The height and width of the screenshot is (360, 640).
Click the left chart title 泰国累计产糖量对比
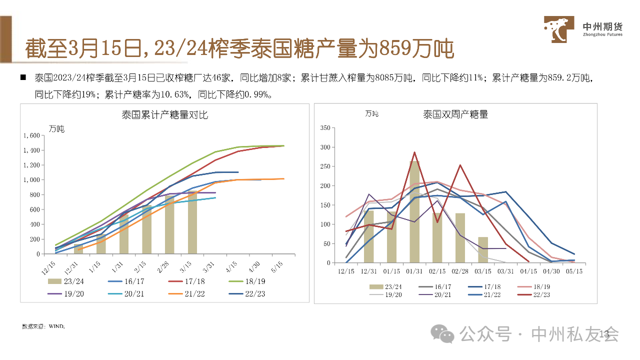tap(165, 115)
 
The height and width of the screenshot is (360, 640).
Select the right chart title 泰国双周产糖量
tap(455, 114)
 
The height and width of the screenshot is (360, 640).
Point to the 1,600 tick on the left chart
tap(31, 135)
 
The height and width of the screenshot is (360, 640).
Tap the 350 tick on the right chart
tap(324, 128)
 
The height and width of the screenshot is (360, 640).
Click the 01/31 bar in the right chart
tap(414, 211)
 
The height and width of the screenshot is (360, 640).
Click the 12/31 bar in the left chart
tap(78, 249)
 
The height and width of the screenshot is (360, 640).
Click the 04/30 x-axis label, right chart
tap(551, 271)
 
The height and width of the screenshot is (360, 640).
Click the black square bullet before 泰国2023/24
tap(23, 78)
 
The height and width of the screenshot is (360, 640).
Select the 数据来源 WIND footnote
tap(43, 326)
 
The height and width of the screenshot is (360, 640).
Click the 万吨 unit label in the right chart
tap(371, 114)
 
